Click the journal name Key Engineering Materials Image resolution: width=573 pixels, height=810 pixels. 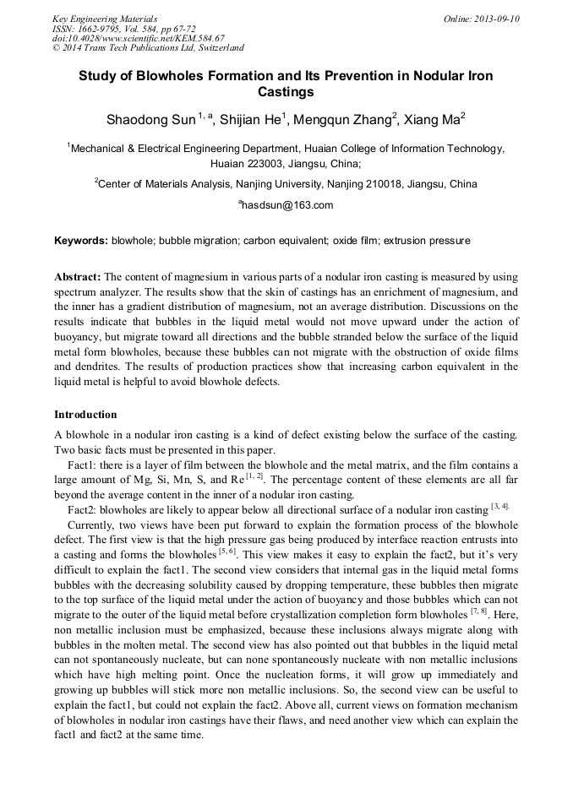[105, 19]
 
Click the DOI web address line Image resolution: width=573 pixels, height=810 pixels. [138, 38]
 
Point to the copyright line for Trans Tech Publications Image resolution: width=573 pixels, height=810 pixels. [148, 48]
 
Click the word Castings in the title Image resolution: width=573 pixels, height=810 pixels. [286, 91]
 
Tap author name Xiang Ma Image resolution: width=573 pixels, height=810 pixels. [434, 120]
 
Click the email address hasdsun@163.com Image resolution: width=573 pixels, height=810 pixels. [287, 204]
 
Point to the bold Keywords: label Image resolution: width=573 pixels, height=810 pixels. [81, 241]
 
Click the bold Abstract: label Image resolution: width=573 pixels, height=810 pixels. [78, 277]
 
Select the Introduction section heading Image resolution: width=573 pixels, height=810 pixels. [85, 415]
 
